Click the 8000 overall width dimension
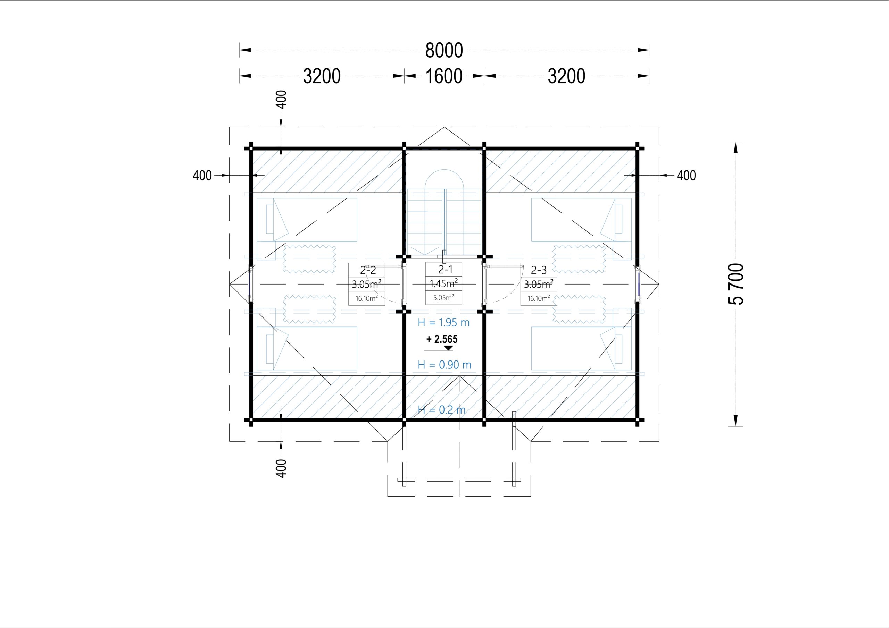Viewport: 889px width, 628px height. [x=444, y=50]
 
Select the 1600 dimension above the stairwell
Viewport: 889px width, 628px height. [x=444, y=76]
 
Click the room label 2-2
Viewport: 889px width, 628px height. [x=368, y=270]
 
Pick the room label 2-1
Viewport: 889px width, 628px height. [x=445, y=269]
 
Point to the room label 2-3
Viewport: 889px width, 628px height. [x=539, y=270]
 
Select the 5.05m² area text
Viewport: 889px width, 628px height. [x=444, y=298]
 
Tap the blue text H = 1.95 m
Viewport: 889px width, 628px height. [x=444, y=323]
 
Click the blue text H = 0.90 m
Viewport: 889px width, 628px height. [x=444, y=365]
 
